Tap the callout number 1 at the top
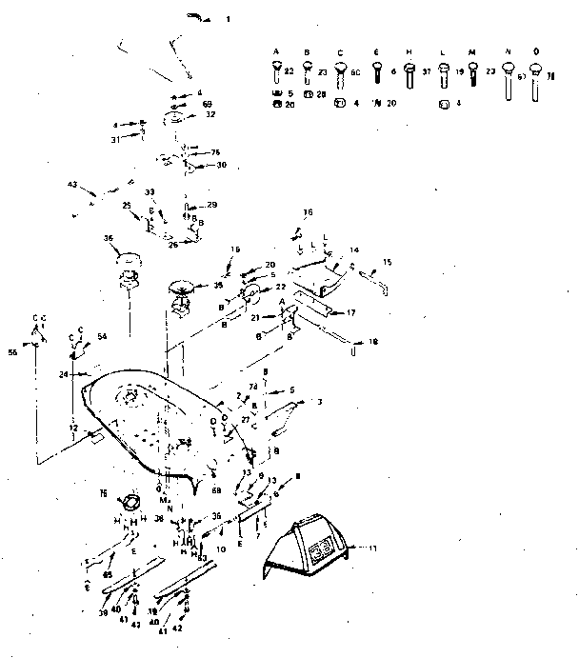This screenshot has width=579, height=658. pyautogui.click(x=228, y=19)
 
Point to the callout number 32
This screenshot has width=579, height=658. pyautogui.click(x=210, y=113)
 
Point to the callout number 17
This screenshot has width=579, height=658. pyautogui.click(x=350, y=311)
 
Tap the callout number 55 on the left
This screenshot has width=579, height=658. pyautogui.click(x=13, y=352)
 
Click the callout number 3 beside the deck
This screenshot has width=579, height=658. pyautogui.click(x=320, y=402)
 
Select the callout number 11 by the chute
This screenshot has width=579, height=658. pyautogui.click(x=360, y=549)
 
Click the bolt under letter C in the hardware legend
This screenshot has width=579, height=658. pyautogui.click(x=340, y=71)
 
